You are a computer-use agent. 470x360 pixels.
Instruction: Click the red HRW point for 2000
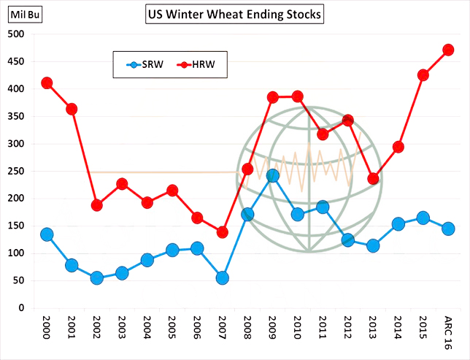coord(47,83)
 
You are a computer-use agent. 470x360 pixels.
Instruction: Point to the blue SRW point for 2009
coord(272,175)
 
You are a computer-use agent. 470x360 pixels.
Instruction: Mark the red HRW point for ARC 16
coord(448,50)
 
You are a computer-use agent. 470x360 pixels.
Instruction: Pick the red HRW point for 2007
coord(223,232)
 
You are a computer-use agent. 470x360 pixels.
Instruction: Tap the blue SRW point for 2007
coord(223,277)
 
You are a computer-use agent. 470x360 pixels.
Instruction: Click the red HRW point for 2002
coord(97,205)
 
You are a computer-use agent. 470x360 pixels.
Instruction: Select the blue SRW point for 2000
coord(47,234)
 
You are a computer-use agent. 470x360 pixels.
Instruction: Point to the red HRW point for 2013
coord(373,178)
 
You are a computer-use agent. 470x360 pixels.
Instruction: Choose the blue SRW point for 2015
coord(423,218)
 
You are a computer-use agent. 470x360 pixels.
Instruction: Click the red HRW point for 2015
coord(423,74)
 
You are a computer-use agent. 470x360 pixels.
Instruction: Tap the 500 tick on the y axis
coord(16,34)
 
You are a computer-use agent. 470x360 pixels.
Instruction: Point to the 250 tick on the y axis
coord(16,171)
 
